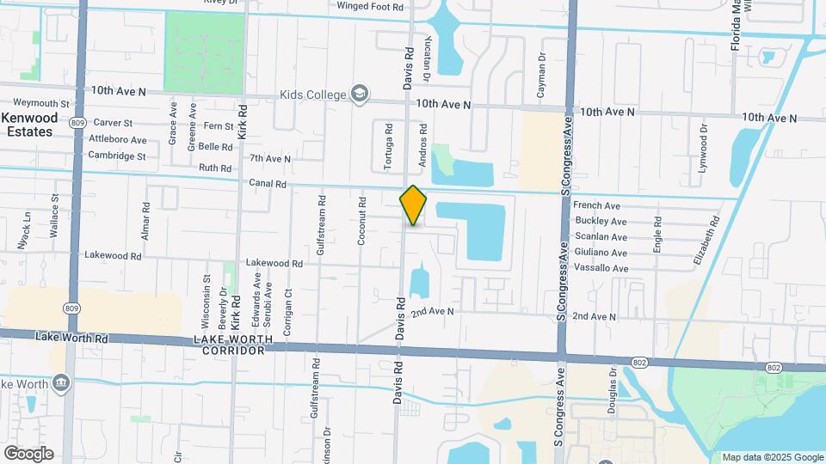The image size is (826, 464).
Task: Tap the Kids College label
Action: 312,95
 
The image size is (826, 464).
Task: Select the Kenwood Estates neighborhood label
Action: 28,125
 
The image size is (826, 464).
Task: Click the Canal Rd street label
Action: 268,183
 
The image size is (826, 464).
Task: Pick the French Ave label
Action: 596,205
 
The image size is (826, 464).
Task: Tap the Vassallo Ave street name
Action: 601,269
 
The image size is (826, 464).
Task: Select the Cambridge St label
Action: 117,156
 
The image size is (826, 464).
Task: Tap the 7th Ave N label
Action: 270,159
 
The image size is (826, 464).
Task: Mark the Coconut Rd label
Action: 362,222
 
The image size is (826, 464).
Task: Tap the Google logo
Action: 28,454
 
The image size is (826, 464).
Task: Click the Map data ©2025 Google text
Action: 772,457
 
